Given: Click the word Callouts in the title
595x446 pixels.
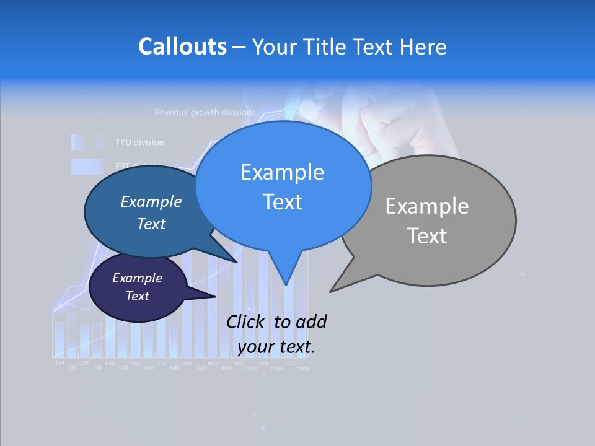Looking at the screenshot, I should tap(182, 46).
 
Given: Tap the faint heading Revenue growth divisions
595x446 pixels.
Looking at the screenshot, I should tap(205, 113).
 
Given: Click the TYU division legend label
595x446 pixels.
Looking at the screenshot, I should tap(139, 142).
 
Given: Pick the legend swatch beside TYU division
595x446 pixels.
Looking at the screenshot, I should tap(86, 142).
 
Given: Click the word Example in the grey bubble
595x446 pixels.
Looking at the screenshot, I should tap(426, 206).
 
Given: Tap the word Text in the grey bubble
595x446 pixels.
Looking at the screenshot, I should tap(427, 236).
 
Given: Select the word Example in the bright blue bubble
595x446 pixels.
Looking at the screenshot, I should tap(282, 172).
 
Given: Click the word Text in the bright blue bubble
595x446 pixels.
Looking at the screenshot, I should tap(282, 202).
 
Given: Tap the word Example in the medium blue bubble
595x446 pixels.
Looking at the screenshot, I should tap(151, 202).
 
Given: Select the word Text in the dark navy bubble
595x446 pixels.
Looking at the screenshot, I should tap(138, 296).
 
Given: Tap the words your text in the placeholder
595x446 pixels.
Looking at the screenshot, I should tap(276, 347).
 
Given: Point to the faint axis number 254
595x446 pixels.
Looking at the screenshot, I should tap(59, 362).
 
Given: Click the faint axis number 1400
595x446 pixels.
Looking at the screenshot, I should tap(302, 369).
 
